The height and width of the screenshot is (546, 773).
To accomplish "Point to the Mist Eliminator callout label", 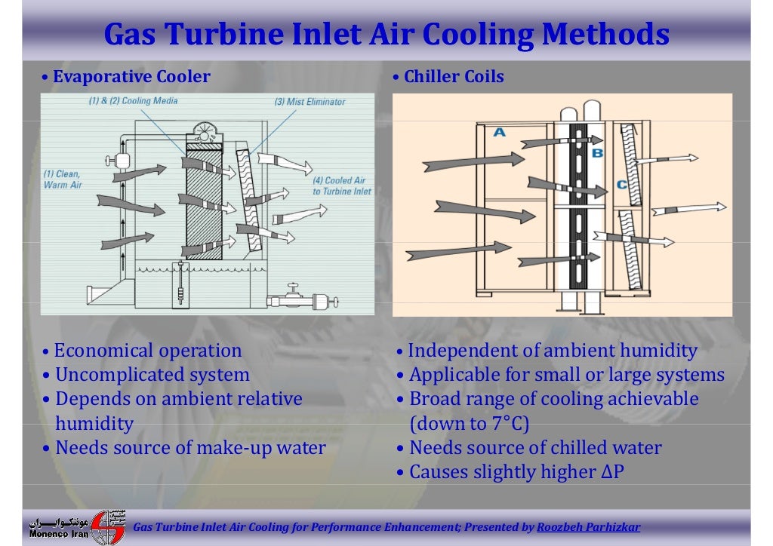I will click(310, 102).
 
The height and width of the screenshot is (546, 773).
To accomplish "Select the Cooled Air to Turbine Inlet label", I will click(342, 186).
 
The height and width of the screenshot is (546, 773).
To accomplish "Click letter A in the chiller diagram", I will click(499, 132).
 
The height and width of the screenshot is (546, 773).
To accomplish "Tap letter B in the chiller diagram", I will click(597, 153).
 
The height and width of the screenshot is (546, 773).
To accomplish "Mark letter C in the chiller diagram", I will click(621, 184).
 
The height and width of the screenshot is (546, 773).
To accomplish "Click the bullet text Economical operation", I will click(148, 351).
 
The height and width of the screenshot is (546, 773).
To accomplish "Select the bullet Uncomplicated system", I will click(152, 375).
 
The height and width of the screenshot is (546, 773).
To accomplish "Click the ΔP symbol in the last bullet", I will click(612, 472).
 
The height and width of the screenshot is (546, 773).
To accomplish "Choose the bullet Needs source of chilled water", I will click(535, 448).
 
